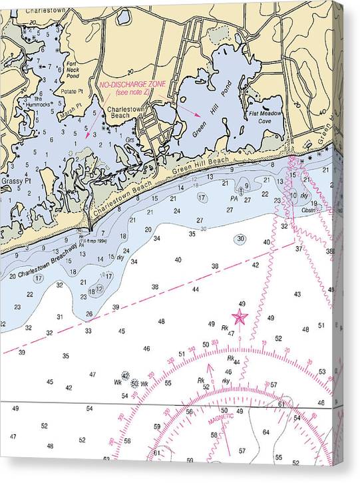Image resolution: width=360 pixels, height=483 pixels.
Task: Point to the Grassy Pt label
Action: (15, 180)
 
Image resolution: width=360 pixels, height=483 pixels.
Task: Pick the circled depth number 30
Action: (240, 239)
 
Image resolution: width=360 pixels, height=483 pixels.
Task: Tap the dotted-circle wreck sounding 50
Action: (134, 383)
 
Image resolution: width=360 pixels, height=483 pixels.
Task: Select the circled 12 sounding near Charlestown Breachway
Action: (100, 288)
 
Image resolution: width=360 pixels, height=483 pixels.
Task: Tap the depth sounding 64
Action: (266, 432)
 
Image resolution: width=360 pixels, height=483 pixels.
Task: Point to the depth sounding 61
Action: (281, 404)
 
